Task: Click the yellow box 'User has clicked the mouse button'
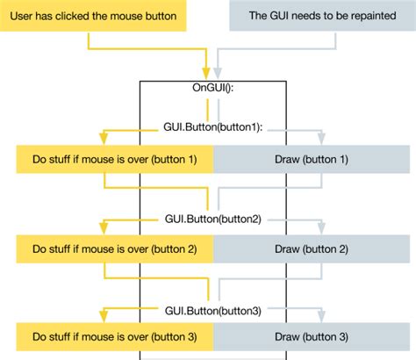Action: pos(95,16)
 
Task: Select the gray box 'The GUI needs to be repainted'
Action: pos(321,16)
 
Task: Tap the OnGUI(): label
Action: pos(213,89)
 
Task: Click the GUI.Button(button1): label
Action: pos(213,127)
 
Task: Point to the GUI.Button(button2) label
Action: pos(213,218)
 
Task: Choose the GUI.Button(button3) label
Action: pos(213,309)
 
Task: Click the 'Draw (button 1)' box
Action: pos(312,159)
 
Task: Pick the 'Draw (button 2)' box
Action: pos(312,249)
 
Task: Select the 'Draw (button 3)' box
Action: pos(312,337)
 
